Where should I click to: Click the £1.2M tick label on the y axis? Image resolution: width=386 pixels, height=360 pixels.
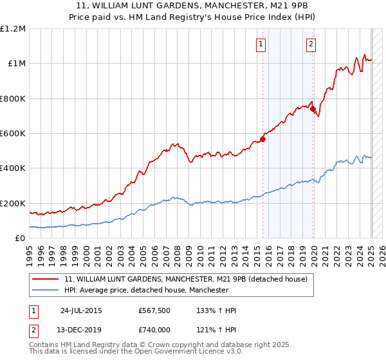coord(13,29)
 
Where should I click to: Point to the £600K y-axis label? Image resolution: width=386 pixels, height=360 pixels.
coord(13,134)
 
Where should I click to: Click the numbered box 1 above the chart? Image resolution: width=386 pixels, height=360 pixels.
coord(261,44)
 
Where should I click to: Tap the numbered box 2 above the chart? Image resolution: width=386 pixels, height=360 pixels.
coord(311,44)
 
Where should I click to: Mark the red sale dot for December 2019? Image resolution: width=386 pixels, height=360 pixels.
coord(313,109)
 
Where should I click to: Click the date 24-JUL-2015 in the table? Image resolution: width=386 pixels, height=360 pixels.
coord(82,310)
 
